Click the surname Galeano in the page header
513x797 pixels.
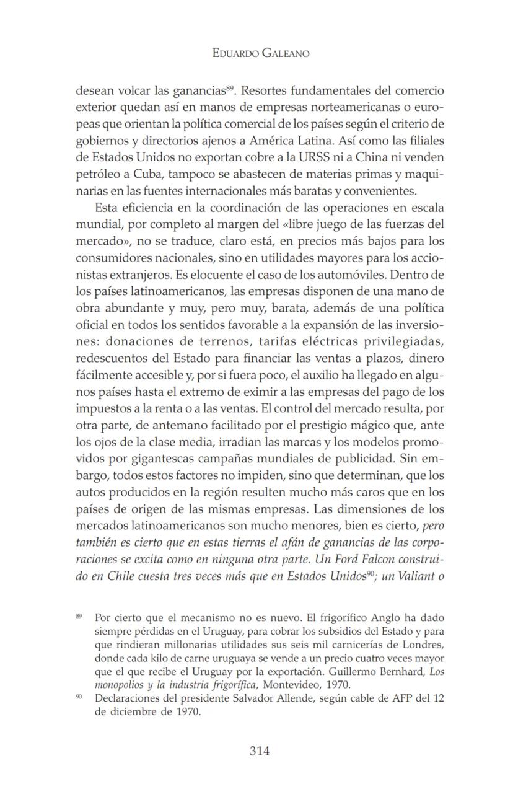pos(281,53)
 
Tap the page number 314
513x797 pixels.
pos(260,751)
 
